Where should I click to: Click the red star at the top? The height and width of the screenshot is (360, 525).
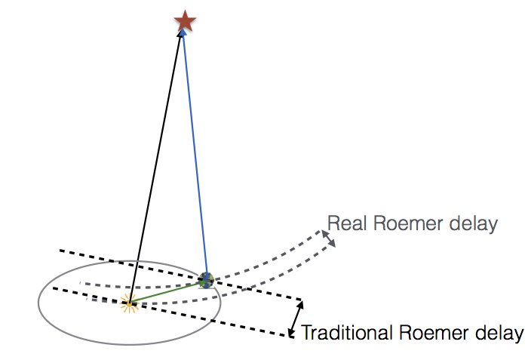tap(184, 20)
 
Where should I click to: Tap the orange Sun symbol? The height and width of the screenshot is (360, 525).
tap(130, 304)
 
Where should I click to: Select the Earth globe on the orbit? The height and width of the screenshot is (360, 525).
tap(206, 280)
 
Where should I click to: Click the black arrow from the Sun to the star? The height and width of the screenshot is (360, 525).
tap(157, 166)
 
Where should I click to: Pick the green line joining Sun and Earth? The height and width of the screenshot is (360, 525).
tap(167, 292)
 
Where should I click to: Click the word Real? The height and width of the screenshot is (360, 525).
tap(345, 223)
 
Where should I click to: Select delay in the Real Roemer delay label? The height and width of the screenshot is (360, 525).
tap(470, 223)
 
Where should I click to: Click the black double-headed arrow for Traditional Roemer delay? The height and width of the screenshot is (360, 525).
tap(296, 318)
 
